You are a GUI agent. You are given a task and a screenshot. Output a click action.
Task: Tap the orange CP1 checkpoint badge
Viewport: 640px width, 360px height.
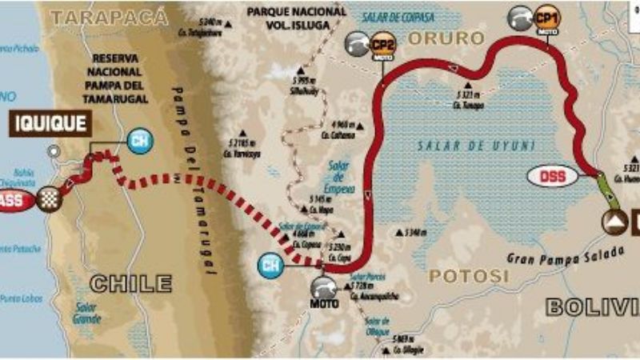[547, 17]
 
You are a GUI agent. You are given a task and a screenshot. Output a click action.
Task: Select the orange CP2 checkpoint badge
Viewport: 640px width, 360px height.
[382, 44]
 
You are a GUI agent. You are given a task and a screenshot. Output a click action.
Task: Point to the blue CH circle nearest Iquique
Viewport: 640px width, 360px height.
[138, 142]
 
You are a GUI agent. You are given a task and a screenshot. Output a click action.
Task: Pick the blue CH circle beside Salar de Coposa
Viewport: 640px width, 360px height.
[272, 264]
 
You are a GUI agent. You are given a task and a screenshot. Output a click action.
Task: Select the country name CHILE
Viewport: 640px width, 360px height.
[130, 283]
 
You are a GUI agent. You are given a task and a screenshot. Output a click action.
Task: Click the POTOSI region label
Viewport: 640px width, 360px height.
[469, 276]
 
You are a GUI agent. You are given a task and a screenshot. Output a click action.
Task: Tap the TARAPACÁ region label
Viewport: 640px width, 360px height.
[109, 16]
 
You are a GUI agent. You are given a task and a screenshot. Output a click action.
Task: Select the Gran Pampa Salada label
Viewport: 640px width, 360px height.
[565, 254]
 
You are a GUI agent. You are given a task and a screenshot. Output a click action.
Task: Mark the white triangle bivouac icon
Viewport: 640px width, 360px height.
[615, 221]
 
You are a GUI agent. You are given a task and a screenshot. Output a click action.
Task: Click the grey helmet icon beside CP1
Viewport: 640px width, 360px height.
[521, 17]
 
